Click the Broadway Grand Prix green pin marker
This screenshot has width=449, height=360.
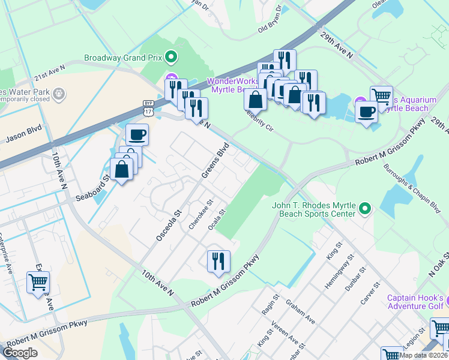171,58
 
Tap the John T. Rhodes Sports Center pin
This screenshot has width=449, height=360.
365,210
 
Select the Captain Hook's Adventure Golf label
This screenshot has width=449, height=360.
415,303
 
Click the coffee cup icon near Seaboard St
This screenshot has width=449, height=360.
137,134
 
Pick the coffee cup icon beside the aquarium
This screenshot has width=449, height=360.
366,111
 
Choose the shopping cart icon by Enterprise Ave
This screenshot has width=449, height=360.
38,282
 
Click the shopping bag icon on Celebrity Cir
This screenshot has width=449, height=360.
255,99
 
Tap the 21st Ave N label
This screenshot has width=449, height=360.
49,74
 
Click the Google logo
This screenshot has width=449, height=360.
20,353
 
